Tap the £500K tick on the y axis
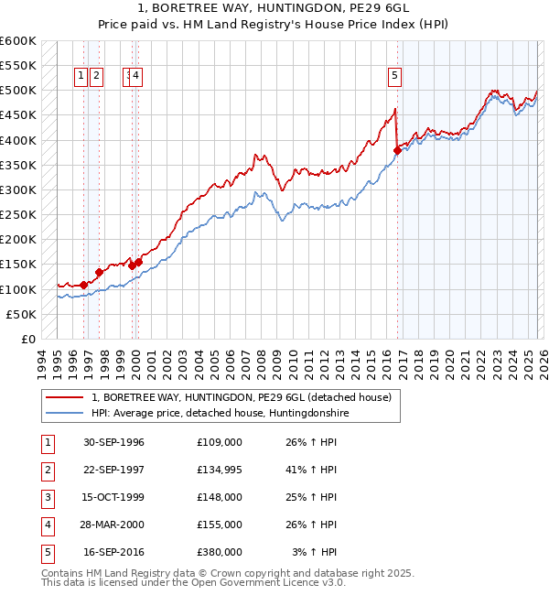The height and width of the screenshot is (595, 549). point(18,91)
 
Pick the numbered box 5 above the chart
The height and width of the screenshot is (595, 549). point(394,77)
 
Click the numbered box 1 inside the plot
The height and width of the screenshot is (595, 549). point(81,77)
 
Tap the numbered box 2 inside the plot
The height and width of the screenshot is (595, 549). point(97,77)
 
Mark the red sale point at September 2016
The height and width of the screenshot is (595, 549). point(397,150)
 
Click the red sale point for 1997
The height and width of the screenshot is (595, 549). point(99,272)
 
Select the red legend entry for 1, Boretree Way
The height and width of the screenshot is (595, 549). point(242,397)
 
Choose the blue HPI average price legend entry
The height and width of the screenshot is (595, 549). point(220,414)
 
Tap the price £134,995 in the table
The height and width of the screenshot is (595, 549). point(220,470)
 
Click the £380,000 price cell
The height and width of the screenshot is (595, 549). point(220,552)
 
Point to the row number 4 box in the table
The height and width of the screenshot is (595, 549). point(45,525)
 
